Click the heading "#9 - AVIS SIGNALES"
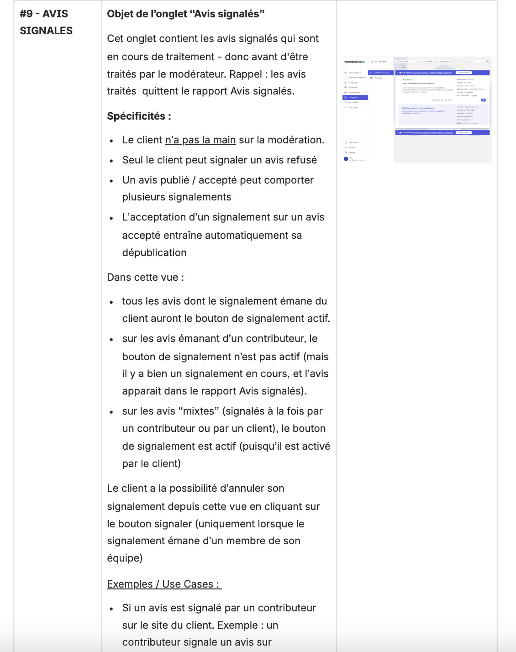(x=46, y=22)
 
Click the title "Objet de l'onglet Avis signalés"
(x=185, y=14)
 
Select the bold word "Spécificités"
(x=136, y=116)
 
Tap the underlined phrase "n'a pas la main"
(x=200, y=140)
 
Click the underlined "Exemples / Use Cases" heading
(x=163, y=584)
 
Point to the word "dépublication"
(x=154, y=252)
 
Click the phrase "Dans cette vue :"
(x=145, y=277)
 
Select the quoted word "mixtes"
(x=199, y=411)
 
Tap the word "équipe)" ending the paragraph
(x=125, y=558)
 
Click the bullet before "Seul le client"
(x=111, y=161)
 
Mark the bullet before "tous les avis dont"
(x=111, y=302)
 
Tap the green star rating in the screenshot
(x=408, y=79)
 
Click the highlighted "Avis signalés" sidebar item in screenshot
(x=354, y=97)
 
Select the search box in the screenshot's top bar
(x=472, y=61)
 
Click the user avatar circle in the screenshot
(x=346, y=158)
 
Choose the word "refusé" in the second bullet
(x=301, y=160)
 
